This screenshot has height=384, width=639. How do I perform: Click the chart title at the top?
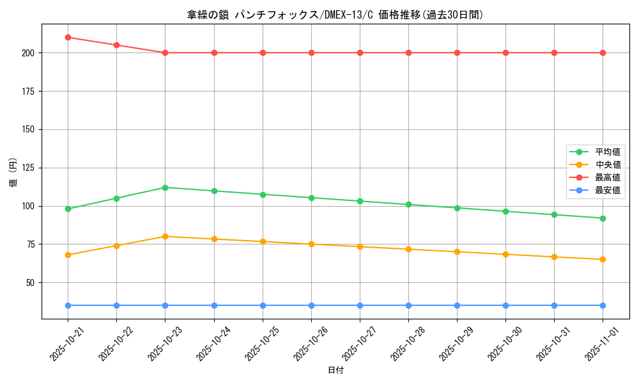pyautogui.click(x=335, y=15)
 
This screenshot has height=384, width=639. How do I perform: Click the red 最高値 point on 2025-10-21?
pyautogui.click(x=68, y=37)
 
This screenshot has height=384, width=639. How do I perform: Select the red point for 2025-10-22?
pyautogui.click(x=116, y=45)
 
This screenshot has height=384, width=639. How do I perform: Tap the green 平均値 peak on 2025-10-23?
pyautogui.click(x=165, y=188)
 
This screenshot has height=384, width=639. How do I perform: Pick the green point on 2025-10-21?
pyautogui.click(x=68, y=209)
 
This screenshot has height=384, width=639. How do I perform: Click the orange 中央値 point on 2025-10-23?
pyautogui.click(x=165, y=236)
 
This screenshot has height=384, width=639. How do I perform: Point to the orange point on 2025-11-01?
pyautogui.click(x=603, y=259)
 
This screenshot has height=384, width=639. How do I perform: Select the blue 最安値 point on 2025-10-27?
pyautogui.click(x=360, y=305)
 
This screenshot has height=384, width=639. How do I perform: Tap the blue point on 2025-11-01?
pyautogui.click(x=603, y=305)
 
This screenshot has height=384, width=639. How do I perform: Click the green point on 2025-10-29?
pyautogui.click(x=457, y=208)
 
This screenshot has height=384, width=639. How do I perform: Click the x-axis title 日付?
pyautogui.click(x=335, y=371)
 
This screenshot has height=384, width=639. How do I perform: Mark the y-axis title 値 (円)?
pyautogui.click(x=13, y=173)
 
